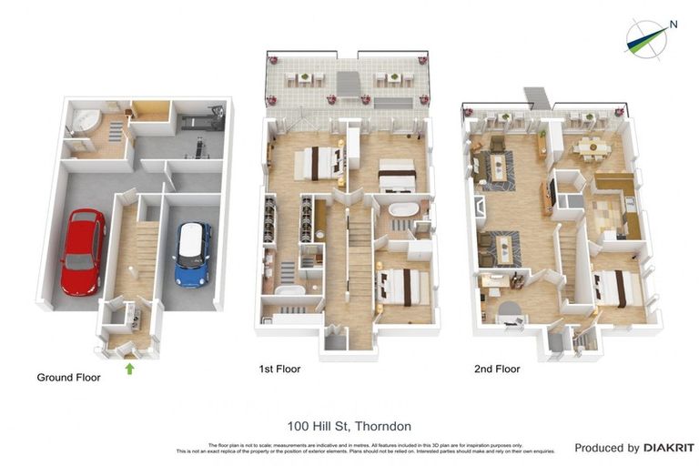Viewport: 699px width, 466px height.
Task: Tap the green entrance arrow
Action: (129, 369)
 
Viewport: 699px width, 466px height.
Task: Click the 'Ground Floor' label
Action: (68, 377)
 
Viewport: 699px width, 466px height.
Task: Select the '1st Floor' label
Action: (279, 370)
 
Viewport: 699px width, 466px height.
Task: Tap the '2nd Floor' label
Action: (497, 370)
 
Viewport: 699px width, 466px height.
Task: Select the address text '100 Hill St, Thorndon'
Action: (349, 426)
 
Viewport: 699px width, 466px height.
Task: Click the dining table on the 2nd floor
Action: (593, 146)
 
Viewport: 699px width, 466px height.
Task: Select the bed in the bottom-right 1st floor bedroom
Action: (405, 287)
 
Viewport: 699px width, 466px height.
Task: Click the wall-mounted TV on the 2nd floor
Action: (551, 192)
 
